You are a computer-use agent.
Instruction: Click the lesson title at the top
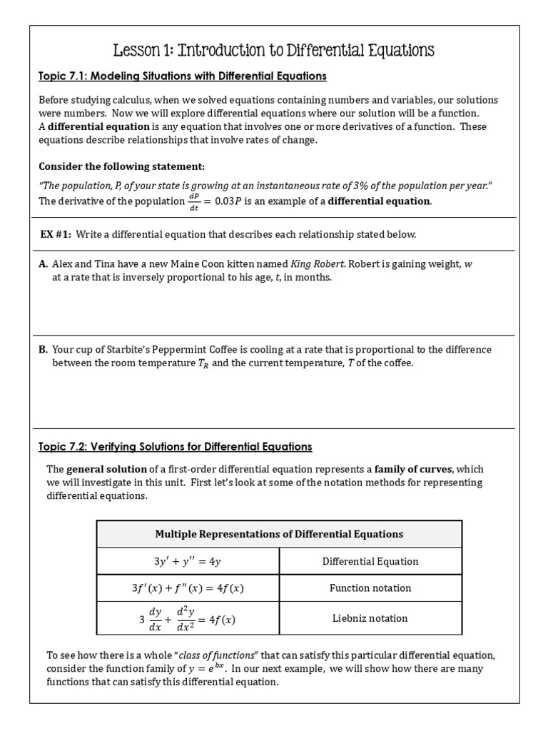(x=274, y=51)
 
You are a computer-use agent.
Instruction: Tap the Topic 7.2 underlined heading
(x=175, y=447)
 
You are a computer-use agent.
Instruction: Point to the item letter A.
(x=43, y=264)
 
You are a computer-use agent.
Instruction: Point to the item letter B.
(x=43, y=350)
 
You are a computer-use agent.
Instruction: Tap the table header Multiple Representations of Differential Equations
(x=279, y=534)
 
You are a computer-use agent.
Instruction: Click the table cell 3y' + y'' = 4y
(x=188, y=562)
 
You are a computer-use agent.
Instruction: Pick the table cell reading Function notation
(x=370, y=588)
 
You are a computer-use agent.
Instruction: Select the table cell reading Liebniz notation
(x=370, y=619)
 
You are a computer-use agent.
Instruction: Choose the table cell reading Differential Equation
(x=370, y=562)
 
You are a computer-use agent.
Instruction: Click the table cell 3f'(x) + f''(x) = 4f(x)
(x=188, y=589)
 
